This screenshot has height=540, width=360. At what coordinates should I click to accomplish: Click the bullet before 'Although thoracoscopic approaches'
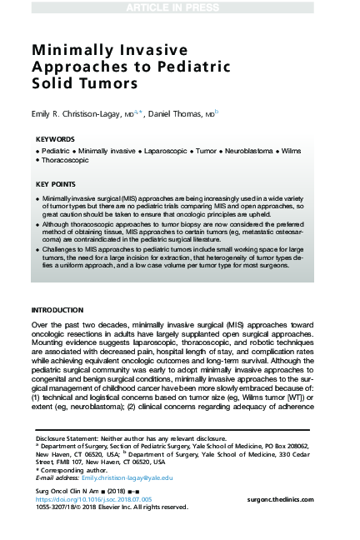38,224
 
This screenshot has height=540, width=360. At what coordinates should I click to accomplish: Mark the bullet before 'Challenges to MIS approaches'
38,249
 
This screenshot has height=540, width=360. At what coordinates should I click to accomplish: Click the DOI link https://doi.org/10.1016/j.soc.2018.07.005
94,497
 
